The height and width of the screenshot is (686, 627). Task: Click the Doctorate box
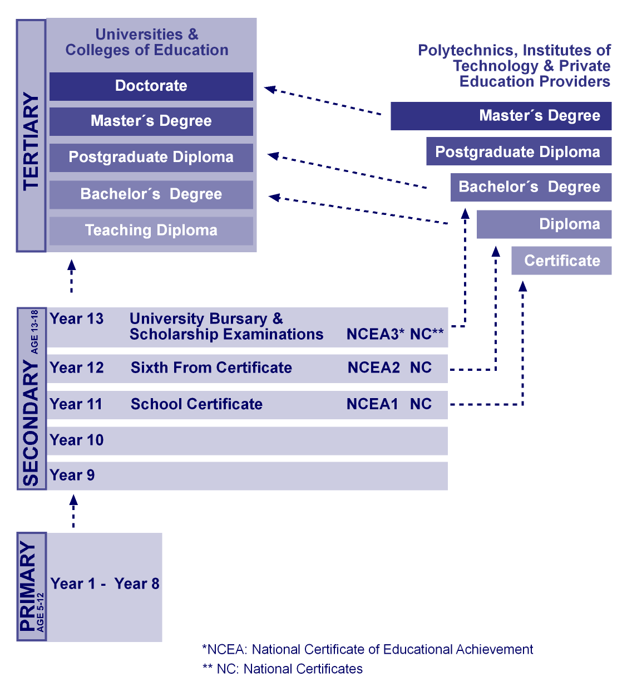point(151,86)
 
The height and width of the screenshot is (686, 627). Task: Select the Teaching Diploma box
point(151,231)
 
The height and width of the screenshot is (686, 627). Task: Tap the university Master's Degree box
point(151,121)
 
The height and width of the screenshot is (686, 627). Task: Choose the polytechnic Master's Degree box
point(501,116)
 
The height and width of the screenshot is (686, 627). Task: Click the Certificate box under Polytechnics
point(561,261)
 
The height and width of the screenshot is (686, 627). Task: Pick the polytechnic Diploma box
point(544,224)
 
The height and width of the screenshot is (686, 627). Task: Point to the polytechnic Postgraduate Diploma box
point(519,151)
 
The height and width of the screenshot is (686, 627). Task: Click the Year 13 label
point(77,318)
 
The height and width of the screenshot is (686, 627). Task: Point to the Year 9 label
point(72,475)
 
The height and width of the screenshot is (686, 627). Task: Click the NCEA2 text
point(373,367)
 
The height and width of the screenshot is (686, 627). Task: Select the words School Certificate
point(196,404)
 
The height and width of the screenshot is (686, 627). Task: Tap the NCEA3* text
point(375,334)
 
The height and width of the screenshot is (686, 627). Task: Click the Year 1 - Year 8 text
point(105,584)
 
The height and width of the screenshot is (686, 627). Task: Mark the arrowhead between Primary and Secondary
point(73,500)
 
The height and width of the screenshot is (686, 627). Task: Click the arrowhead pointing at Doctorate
point(270,89)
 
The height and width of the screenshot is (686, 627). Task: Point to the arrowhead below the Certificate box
point(522,286)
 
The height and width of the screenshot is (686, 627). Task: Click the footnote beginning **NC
point(283,669)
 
